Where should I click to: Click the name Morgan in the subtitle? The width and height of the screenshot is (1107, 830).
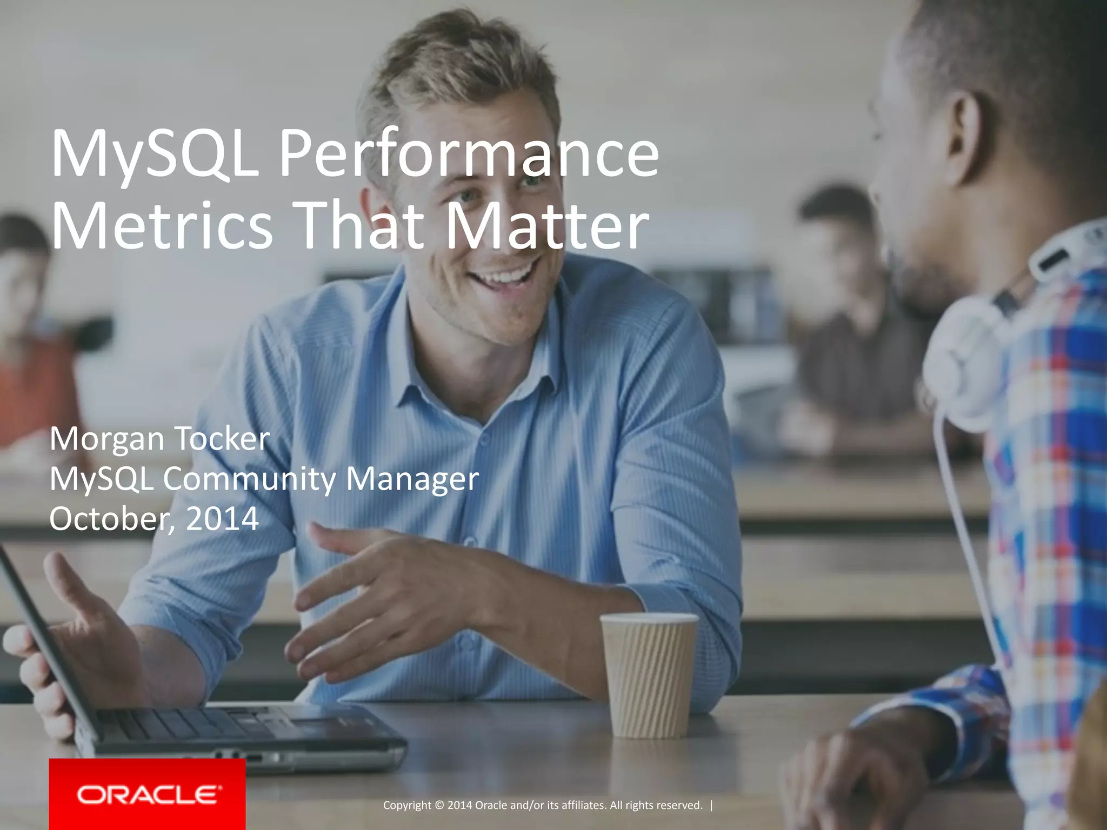coord(106,439)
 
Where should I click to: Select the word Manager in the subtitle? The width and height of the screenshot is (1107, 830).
coord(412,479)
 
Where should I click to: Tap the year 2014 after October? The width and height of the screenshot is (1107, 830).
coord(222,519)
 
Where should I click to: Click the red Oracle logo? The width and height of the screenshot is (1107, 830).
coord(148,794)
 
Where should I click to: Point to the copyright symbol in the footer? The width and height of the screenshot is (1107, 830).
coord(438,806)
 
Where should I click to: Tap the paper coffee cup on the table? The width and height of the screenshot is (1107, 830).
coord(649,675)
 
